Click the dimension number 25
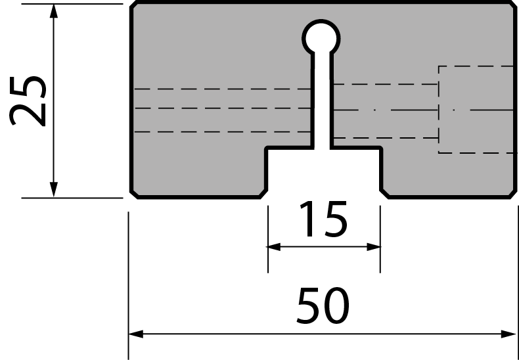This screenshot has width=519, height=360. click(28, 101)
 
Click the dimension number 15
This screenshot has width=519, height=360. click(323, 219)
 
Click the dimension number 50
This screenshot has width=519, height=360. click(323, 305)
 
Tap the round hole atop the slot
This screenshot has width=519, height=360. click(321, 38)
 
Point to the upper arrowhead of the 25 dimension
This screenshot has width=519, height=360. click(54, 11)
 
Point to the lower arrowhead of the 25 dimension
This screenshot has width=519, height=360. click(54, 190)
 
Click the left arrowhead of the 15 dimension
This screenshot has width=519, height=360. click(274, 247)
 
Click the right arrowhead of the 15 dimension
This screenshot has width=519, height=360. click(374, 247)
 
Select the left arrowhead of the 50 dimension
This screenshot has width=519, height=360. click(136, 334)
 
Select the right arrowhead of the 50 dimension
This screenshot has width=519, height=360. click(508, 334)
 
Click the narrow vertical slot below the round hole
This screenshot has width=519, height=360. click(322, 99)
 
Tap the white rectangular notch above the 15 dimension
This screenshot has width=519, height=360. click(324, 172)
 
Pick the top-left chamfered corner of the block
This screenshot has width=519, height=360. click(133, 5)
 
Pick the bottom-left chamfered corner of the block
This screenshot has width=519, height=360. click(134, 194)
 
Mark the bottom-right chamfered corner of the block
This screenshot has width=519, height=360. click(513, 194)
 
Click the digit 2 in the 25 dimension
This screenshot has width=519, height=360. click(28, 115)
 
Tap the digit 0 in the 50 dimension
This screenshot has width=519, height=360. click(336, 305)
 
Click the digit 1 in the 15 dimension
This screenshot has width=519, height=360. click(308, 219)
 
